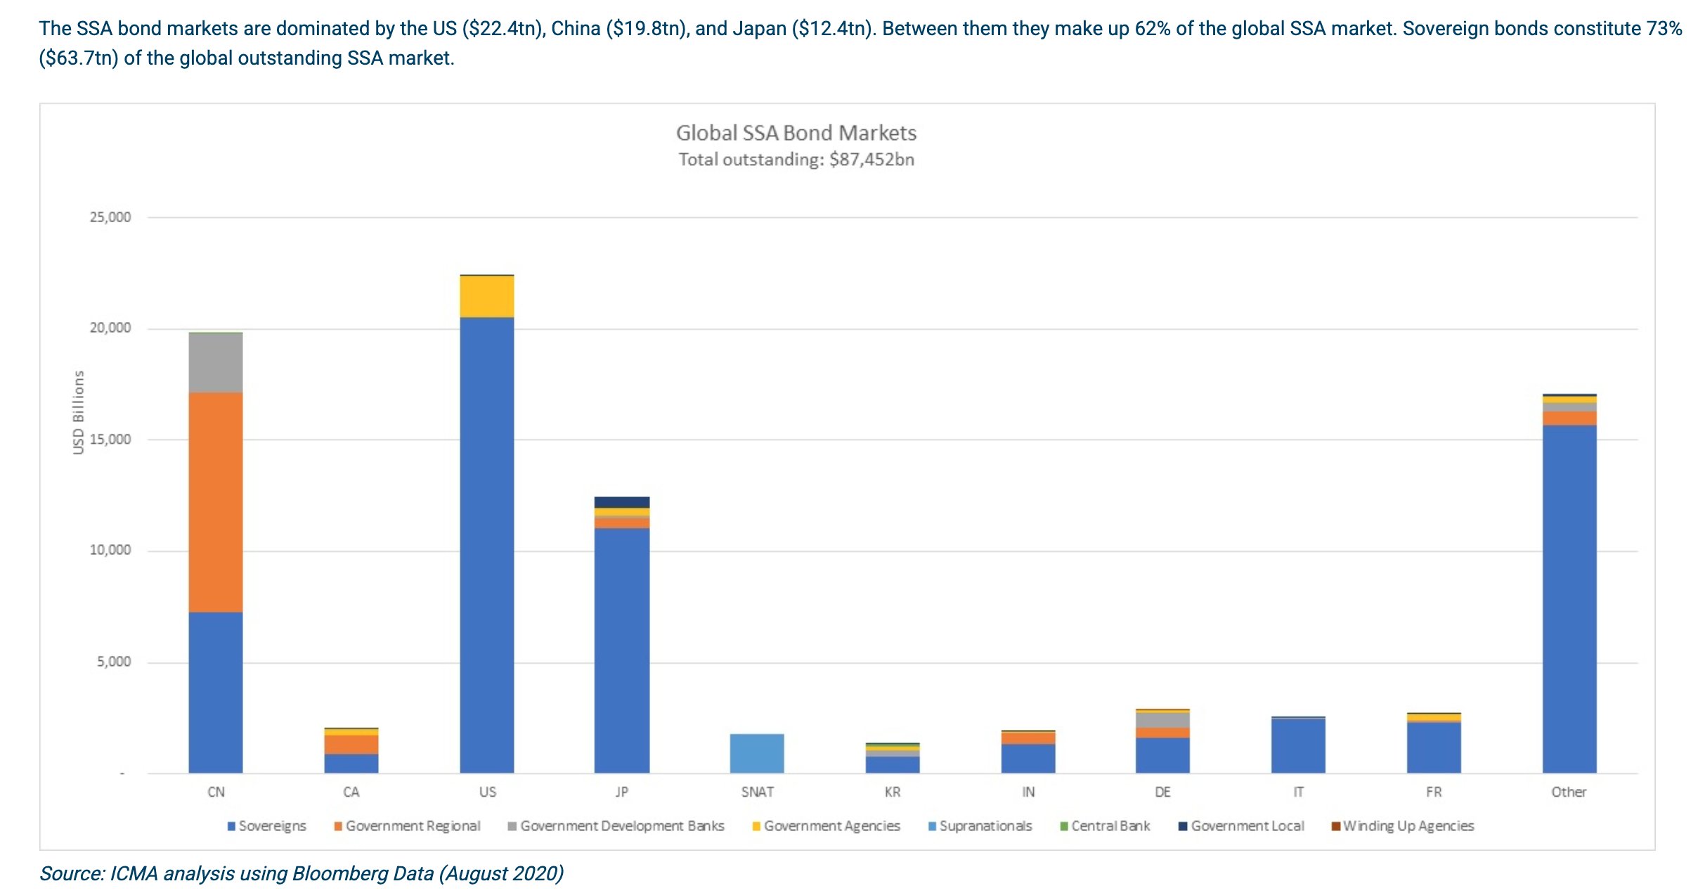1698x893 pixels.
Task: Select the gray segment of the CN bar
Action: pyautogui.click(x=216, y=363)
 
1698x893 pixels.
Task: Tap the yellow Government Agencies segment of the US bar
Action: pyautogui.click(x=486, y=297)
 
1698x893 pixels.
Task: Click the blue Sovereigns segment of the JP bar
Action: pyautogui.click(x=621, y=650)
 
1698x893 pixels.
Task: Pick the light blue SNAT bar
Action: pyautogui.click(x=757, y=753)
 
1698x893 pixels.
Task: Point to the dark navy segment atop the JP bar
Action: pyautogui.click(x=621, y=502)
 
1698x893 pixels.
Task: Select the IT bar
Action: pyautogui.click(x=1298, y=745)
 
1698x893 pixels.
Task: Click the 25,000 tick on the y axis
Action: pyautogui.click(x=110, y=217)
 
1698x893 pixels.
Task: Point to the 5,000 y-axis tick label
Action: pyautogui.click(x=114, y=662)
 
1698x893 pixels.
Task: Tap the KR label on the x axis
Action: pyautogui.click(x=892, y=792)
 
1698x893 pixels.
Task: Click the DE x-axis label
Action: pyautogui.click(x=1162, y=792)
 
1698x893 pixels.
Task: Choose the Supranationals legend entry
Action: pyautogui.click(x=985, y=826)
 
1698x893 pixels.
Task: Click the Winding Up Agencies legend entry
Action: pyautogui.click(x=1408, y=826)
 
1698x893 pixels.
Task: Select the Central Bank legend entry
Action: pyautogui.click(x=1110, y=826)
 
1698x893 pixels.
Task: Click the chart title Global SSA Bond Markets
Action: pyautogui.click(x=796, y=133)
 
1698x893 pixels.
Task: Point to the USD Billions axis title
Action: pyautogui.click(x=78, y=412)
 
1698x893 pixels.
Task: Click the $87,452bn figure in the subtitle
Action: pyautogui.click(x=871, y=160)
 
